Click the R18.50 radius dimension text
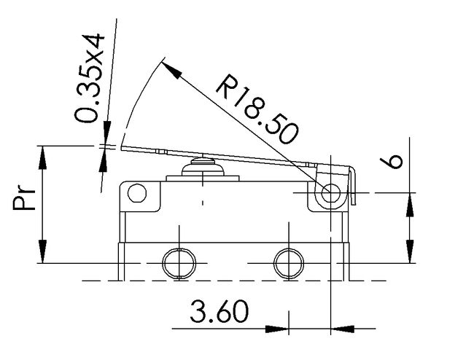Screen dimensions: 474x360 (257, 109)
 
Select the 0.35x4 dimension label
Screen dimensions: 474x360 (90, 78)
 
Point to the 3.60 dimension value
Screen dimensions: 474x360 (219, 311)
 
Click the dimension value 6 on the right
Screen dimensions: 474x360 (392, 162)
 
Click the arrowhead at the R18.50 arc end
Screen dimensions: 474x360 (171, 69)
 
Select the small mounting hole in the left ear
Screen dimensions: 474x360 (137, 193)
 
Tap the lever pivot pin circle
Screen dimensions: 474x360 (331, 193)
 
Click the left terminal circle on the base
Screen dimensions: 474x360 (179, 263)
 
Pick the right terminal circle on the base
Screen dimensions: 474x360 (289, 263)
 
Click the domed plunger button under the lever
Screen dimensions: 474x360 (203, 168)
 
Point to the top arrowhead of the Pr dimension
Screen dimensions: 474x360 (42, 157)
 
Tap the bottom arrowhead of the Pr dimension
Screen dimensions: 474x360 (42, 251)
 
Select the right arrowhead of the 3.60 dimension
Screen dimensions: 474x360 (342, 329)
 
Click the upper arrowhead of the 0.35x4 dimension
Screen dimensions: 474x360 (106, 133)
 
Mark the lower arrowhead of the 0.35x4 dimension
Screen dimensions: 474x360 (104, 160)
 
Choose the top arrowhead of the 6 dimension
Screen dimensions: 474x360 (410, 205)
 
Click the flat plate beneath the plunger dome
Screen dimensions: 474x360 (203, 179)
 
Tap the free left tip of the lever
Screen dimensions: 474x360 (121, 148)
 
